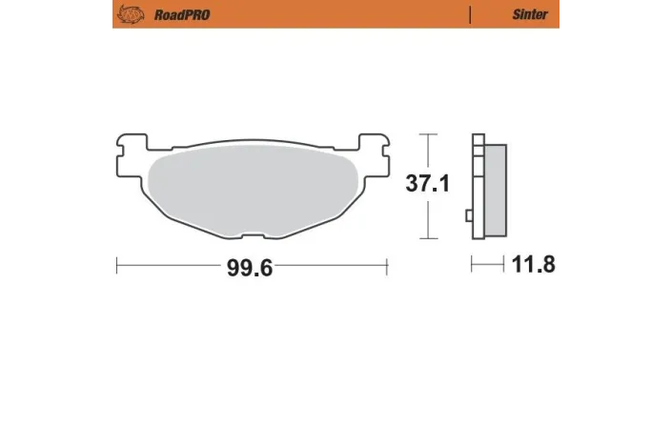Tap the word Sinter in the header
pos(529,14)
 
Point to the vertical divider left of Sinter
pos(471,14)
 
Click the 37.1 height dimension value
pos(428,185)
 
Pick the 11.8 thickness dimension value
pos(533,265)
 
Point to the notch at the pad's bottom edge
pos(253,234)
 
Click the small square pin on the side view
pos(469,215)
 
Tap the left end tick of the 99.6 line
pos(116,266)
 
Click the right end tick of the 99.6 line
pos(387,266)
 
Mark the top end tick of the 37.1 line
pos(428,134)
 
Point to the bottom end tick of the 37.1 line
pos(428,238)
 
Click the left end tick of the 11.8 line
pos(473,266)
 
